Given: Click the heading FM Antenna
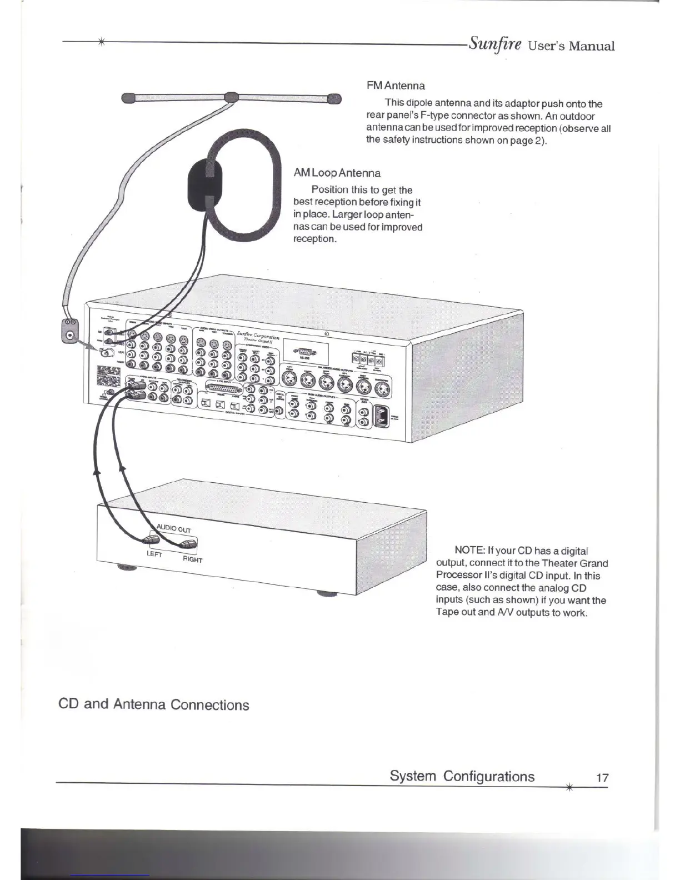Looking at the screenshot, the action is pyautogui.click(x=396, y=86).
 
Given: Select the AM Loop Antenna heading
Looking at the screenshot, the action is pyautogui.click(x=337, y=173).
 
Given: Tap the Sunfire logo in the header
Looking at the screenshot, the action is pyautogui.click(x=494, y=43).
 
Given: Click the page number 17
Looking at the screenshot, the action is pyautogui.click(x=602, y=778).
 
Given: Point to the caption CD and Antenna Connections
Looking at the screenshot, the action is pyautogui.click(x=153, y=704).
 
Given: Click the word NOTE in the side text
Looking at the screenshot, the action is pyautogui.click(x=469, y=551).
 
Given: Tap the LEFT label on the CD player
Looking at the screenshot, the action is pyautogui.click(x=154, y=554).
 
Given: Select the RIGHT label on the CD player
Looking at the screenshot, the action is pyautogui.click(x=193, y=559).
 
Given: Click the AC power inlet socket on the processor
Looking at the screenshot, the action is pyautogui.click(x=382, y=417).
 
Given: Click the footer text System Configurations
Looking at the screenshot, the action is pyautogui.click(x=462, y=776).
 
